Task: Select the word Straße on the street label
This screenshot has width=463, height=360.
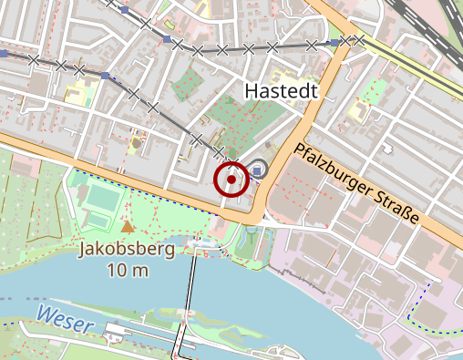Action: click(x=397, y=207)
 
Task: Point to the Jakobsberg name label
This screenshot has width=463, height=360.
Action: click(x=127, y=249)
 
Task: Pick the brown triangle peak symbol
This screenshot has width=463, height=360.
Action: click(x=128, y=226)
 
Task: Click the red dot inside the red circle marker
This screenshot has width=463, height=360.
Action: click(x=232, y=180)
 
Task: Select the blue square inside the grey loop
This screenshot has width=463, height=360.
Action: click(x=258, y=171)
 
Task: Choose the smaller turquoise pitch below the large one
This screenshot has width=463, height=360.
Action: click(x=97, y=220)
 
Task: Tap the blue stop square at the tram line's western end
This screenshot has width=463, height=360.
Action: click(x=5, y=54)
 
